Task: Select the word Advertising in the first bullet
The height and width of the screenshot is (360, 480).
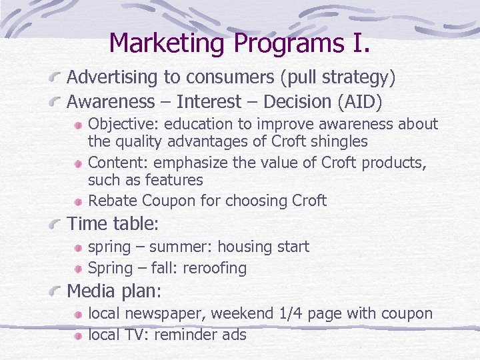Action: pyautogui.click(x=113, y=77)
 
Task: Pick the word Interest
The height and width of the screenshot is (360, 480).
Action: pyautogui.click(x=215, y=102)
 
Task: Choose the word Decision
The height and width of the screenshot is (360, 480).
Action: pyautogui.click(x=297, y=102)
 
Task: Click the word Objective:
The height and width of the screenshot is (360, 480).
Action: pyautogui.click(x=124, y=125)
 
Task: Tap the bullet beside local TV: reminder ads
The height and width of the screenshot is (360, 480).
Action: pyautogui.click(x=79, y=335)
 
